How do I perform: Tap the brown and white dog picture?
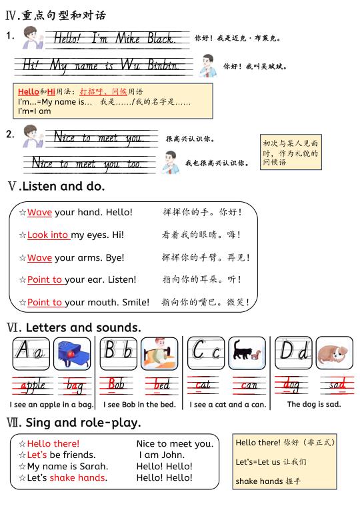click(x=335, y=353)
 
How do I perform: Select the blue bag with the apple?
click(x=72, y=354)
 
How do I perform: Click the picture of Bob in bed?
click(x=159, y=354)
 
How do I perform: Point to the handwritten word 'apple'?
click(x=34, y=385)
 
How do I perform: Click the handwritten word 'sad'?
click(x=337, y=385)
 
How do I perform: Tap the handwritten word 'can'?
click(x=249, y=385)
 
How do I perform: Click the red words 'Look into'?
click(x=48, y=235)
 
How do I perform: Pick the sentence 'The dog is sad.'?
click(x=314, y=404)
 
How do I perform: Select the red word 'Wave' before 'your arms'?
click(x=39, y=257)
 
